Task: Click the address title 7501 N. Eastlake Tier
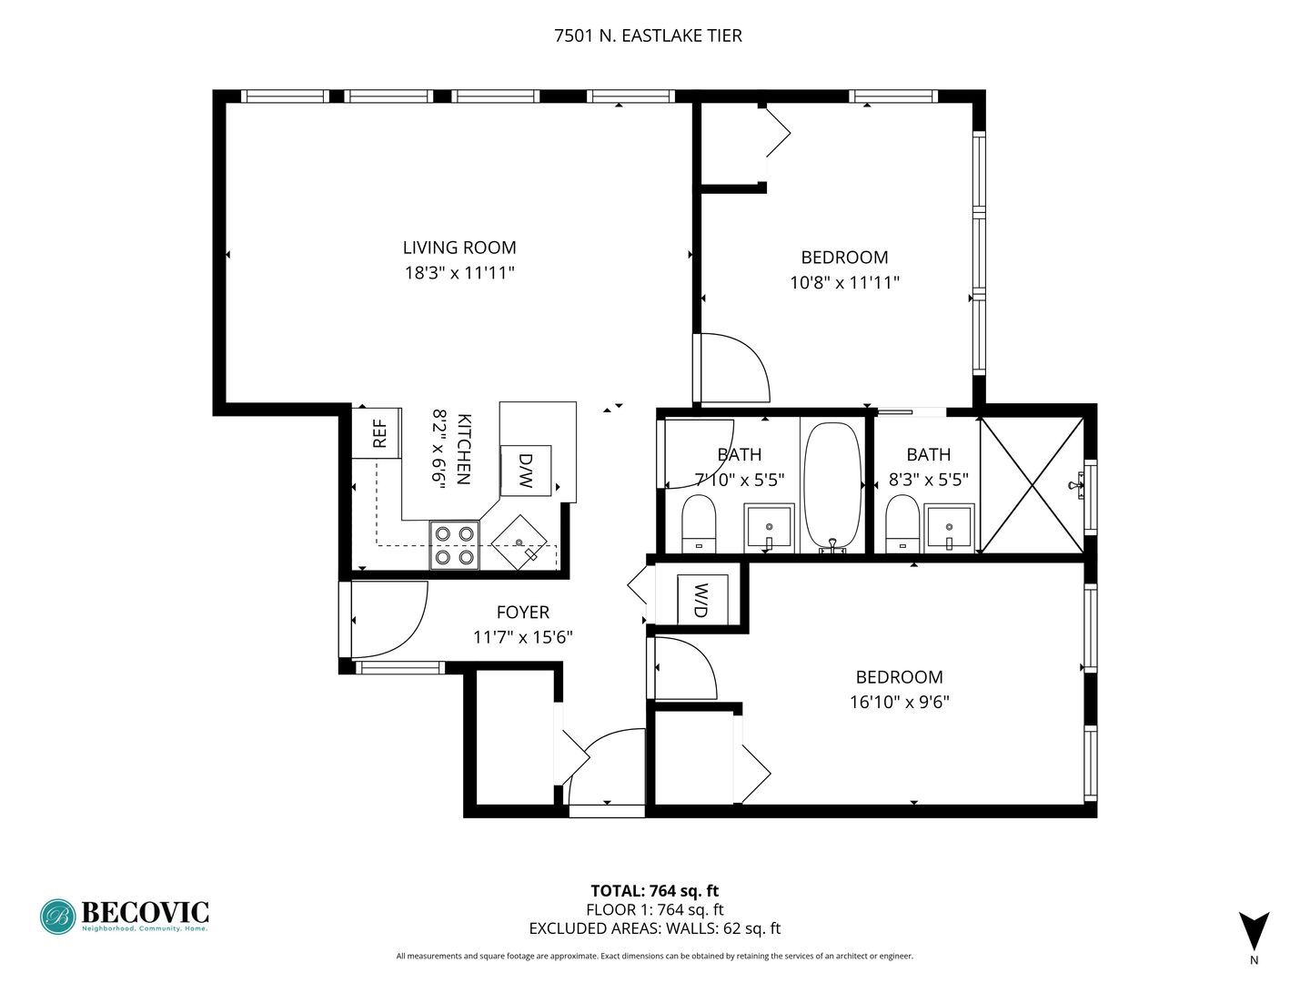[x=648, y=35]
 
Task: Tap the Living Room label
[x=459, y=248]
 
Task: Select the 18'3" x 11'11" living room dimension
[x=459, y=272]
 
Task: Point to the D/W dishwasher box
[x=525, y=471]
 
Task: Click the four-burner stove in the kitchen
[x=455, y=545]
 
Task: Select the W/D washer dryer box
[x=701, y=600]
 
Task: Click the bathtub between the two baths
[x=832, y=487]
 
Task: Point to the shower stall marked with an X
[x=1032, y=485]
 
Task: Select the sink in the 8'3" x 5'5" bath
[x=950, y=528]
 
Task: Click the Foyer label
[x=522, y=613]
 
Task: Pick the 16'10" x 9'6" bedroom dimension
[x=899, y=702]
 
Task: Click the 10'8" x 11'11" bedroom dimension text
[x=844, y=282]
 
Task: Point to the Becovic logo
[x=125, y=916]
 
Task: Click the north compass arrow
[x=1254, y=931]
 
